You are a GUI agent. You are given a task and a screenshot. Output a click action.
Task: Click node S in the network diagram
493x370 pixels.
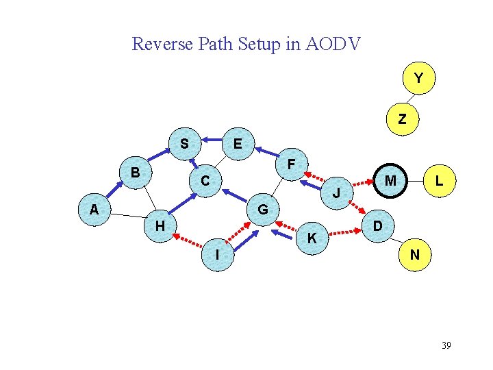(x=184, y=145)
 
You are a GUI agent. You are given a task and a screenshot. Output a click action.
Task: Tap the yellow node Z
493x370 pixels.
(x=402, y=119)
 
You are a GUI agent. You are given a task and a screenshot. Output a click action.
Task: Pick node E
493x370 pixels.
(x=237, y=144)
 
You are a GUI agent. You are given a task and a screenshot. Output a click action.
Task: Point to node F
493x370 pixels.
(x=291, y=165)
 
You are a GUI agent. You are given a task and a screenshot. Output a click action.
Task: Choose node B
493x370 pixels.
(x=136, y=173)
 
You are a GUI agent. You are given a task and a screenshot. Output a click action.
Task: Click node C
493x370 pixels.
(x=205, y=182)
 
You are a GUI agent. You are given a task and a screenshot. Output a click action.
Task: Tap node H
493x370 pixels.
(x=160, y=226)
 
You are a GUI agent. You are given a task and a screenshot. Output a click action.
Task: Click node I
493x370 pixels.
(x=216, y=255)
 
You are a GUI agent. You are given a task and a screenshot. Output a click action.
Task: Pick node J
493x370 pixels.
(x=336, y=193)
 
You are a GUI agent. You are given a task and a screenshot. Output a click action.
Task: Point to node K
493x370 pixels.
(x=312, y=238)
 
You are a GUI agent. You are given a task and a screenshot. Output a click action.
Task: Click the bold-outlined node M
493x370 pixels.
(x=390, y=181)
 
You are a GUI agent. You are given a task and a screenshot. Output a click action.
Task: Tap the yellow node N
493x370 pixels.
(x=414, y=255)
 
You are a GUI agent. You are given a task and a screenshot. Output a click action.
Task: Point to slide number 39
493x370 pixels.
(x=446, y=345)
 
